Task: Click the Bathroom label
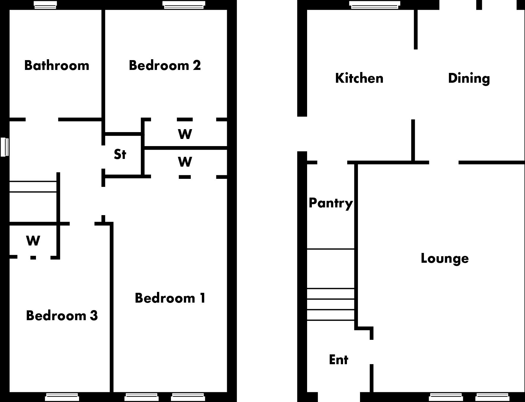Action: (x=56, y=65)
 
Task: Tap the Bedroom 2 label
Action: (x=165, y=65)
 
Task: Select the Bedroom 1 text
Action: (x=170, y=298)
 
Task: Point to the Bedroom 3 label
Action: (x=62, y=316)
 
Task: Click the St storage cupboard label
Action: (x=120, y=154)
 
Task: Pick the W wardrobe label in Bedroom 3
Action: (x=33, y=241)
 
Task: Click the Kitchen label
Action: (x=359, y=78)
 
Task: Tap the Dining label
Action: (x=469, y=78)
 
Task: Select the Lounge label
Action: (x=445, y=258)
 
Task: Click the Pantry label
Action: (x=331, y=203)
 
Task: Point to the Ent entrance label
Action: (x=339, y=360)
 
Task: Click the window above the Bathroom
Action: (x=45, y=5)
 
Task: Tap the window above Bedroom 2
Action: (x=184, y=5)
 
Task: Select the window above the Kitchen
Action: (x=374, y=5)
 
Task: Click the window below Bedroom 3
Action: (x=62, y=397)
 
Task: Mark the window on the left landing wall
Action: (x=4, y=147)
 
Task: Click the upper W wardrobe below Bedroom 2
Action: (x=185, y=134)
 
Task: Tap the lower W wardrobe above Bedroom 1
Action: (x=185, y=162)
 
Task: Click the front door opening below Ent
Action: (x=339, y=397)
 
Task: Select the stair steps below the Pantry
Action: (x=331, y=304)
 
